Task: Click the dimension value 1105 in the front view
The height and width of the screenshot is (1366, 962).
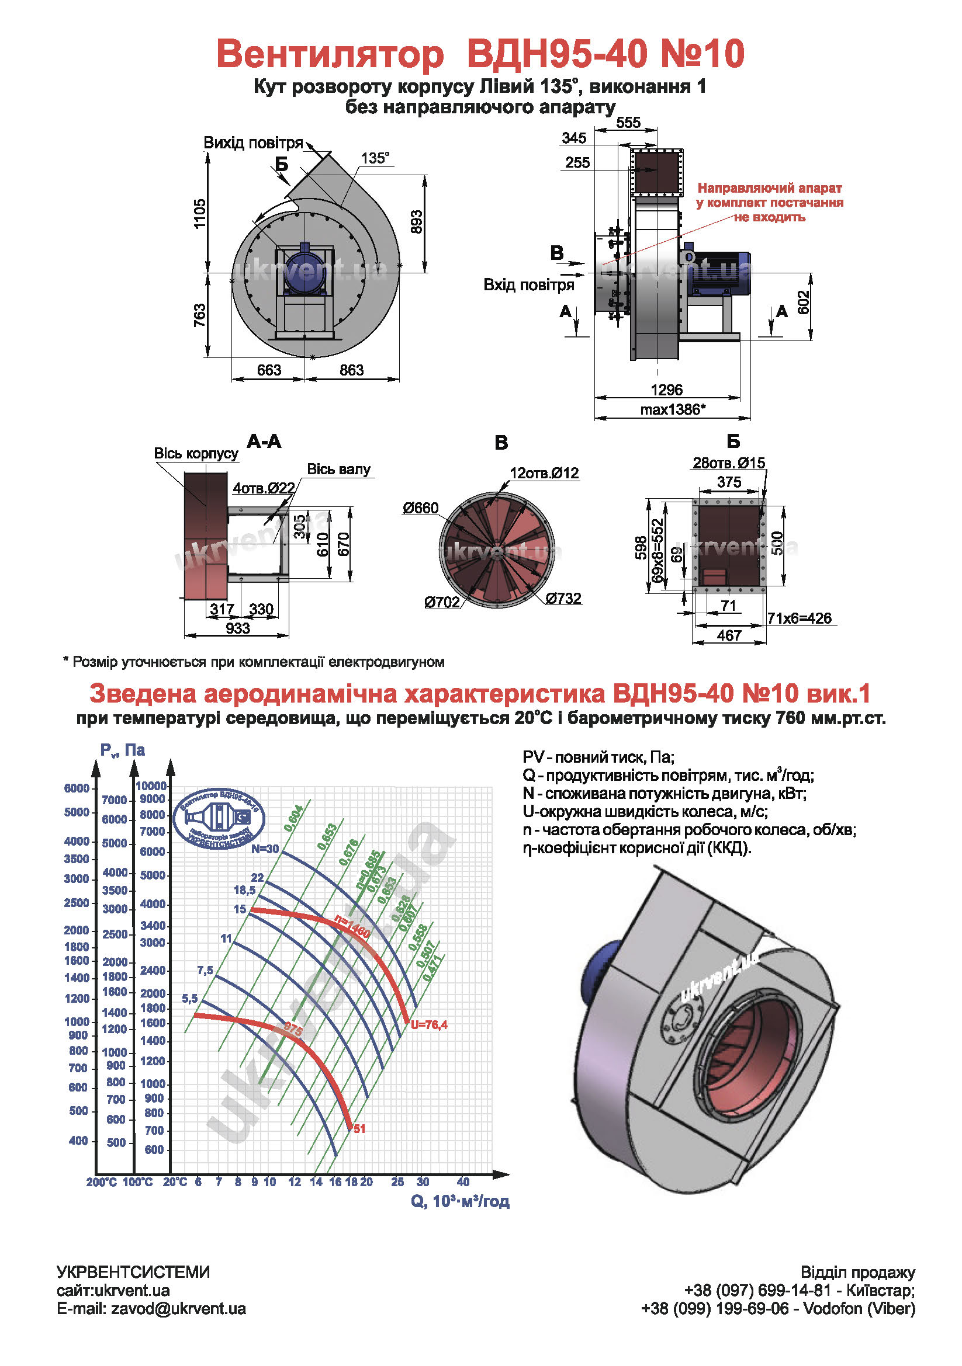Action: pos(199,213)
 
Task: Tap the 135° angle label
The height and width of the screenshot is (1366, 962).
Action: pos(375,158)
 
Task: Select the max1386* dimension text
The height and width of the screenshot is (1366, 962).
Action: pos(673,409)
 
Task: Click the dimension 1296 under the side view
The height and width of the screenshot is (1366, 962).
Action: pos(666,390)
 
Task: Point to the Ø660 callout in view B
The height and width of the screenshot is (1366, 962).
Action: pos(420,508)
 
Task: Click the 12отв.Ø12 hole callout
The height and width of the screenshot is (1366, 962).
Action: pos(544,473)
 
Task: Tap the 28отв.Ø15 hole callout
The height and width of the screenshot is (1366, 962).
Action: pos(728,463)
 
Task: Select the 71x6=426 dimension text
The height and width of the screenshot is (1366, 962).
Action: pos(799,618)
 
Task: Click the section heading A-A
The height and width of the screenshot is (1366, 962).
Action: pos(264,442)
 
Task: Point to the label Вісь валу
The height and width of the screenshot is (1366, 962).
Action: pos(338,469)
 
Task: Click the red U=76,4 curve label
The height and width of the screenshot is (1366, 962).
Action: pos(428,1024)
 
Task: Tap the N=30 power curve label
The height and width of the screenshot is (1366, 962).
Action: pos(264,849)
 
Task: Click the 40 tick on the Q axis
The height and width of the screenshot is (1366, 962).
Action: pos(463,1181)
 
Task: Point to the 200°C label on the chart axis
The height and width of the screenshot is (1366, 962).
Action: pos(101,1182)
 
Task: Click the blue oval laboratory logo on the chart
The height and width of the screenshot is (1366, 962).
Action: pos(219,819)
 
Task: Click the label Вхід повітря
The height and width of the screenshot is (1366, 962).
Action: pos(528,284)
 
